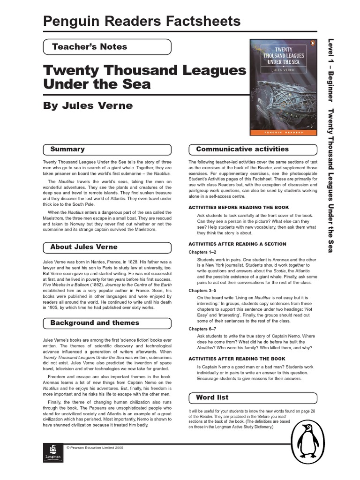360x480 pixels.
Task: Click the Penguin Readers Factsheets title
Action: (x=142, y=22)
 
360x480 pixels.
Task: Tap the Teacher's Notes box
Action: (x=107, y=47)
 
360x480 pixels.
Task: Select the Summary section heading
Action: (x=107, y=150)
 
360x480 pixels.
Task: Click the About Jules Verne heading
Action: (x=107, y=247)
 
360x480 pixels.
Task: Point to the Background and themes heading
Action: (x=107, y=323)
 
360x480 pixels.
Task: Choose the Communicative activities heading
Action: (x=253, y=150)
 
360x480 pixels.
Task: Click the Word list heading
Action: (x=253, y=397)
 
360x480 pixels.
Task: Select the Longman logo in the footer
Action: (x=52, y=452)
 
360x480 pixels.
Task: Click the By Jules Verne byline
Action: (x=88, y=105)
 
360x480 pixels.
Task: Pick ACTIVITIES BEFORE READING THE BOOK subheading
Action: (x=239, y=207)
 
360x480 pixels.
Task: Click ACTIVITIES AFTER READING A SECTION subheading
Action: (x=237, y=244)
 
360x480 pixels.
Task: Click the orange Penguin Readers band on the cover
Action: (x=283, y=133)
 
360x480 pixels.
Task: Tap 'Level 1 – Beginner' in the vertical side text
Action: (x=330, y=70)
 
